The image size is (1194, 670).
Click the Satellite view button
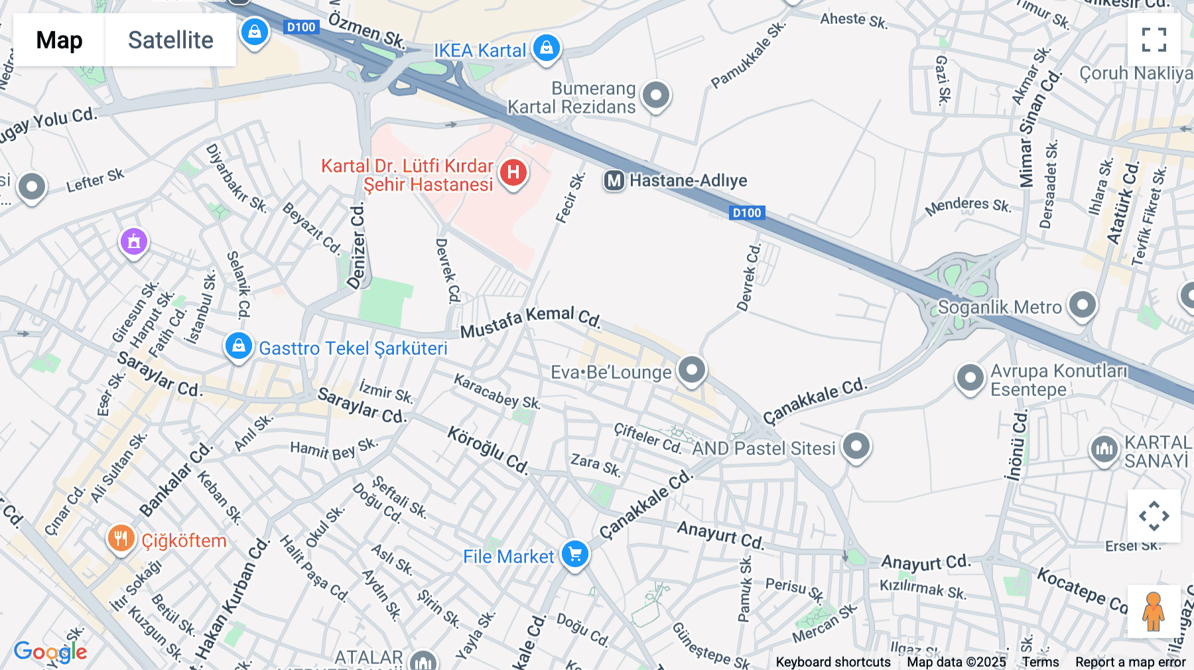click(x=170, y=40)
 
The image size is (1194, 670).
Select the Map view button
click(x=59, y=40)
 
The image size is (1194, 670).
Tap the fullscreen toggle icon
click(x=1154, y=40)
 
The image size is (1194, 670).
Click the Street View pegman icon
click(x=1154, y=611)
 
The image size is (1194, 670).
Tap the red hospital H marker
click(x=513, y=173)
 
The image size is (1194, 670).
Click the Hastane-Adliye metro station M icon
click(x=614, y=180)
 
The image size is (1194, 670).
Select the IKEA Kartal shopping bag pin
click(x=547, y=48)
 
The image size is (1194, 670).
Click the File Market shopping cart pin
click(x=574, y=554)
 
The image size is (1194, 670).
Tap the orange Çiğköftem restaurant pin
click(x=121, y=539)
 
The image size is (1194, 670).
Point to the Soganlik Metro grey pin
click(x=1083, y=305)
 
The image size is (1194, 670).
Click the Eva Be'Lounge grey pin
click(x=691, y=369)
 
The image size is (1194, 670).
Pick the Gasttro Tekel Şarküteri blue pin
click(x=238, y=346)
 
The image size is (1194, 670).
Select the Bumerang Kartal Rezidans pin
click(x=656, y=96)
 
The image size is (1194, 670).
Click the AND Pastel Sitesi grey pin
click(x=856, y=446)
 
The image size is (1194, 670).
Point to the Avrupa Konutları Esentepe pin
click(x=969, y=378)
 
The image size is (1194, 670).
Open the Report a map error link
click(x=1130, y=662)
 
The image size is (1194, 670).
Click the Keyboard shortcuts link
click(x=833, y=662)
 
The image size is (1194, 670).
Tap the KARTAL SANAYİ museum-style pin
click(x=1104, y=450)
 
